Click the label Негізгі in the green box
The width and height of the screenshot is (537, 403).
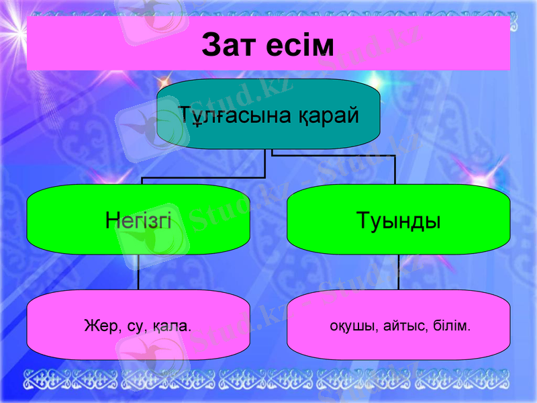pyautogui.click(x=138, y=220)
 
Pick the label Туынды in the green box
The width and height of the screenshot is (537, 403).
pyautogui.click(x=399, y=220)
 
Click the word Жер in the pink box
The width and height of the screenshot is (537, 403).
pyautogui.click(x=99, y=327)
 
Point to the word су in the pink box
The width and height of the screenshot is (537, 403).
pyautogui.click(x=136, y=327)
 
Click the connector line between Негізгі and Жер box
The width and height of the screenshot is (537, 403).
pyautogui.click(x=138, y=272)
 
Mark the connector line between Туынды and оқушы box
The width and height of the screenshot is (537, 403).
pyautogui.click(x=399, y=272)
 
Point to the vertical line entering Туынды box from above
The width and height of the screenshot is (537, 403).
pyautogui.click(x=395, y=171)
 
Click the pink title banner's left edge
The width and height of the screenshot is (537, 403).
pyautogui.click(x=29, y=44)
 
